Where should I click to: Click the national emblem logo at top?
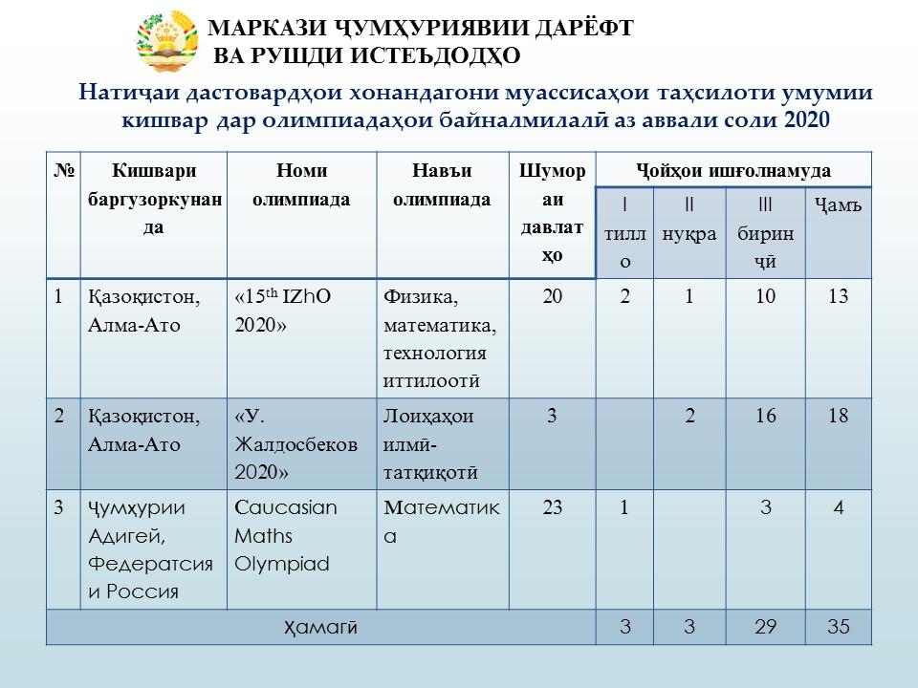(169, 41)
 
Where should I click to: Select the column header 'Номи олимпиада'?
(302, 185)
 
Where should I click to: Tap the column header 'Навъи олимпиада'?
(443, 185)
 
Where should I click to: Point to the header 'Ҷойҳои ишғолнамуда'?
(733, 171)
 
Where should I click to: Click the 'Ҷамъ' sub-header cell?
(838, 204)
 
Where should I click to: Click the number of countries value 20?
(552, 297)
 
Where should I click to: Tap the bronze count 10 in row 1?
(765, 297)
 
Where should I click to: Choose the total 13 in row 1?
(838, 297)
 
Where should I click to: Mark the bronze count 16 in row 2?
(765, 418)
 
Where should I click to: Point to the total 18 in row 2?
(838, 418)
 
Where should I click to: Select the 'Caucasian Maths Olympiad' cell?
(286, 536)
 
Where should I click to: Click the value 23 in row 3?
(552, 508)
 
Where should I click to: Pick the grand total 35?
(838, 628)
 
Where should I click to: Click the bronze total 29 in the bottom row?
(765, 628)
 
